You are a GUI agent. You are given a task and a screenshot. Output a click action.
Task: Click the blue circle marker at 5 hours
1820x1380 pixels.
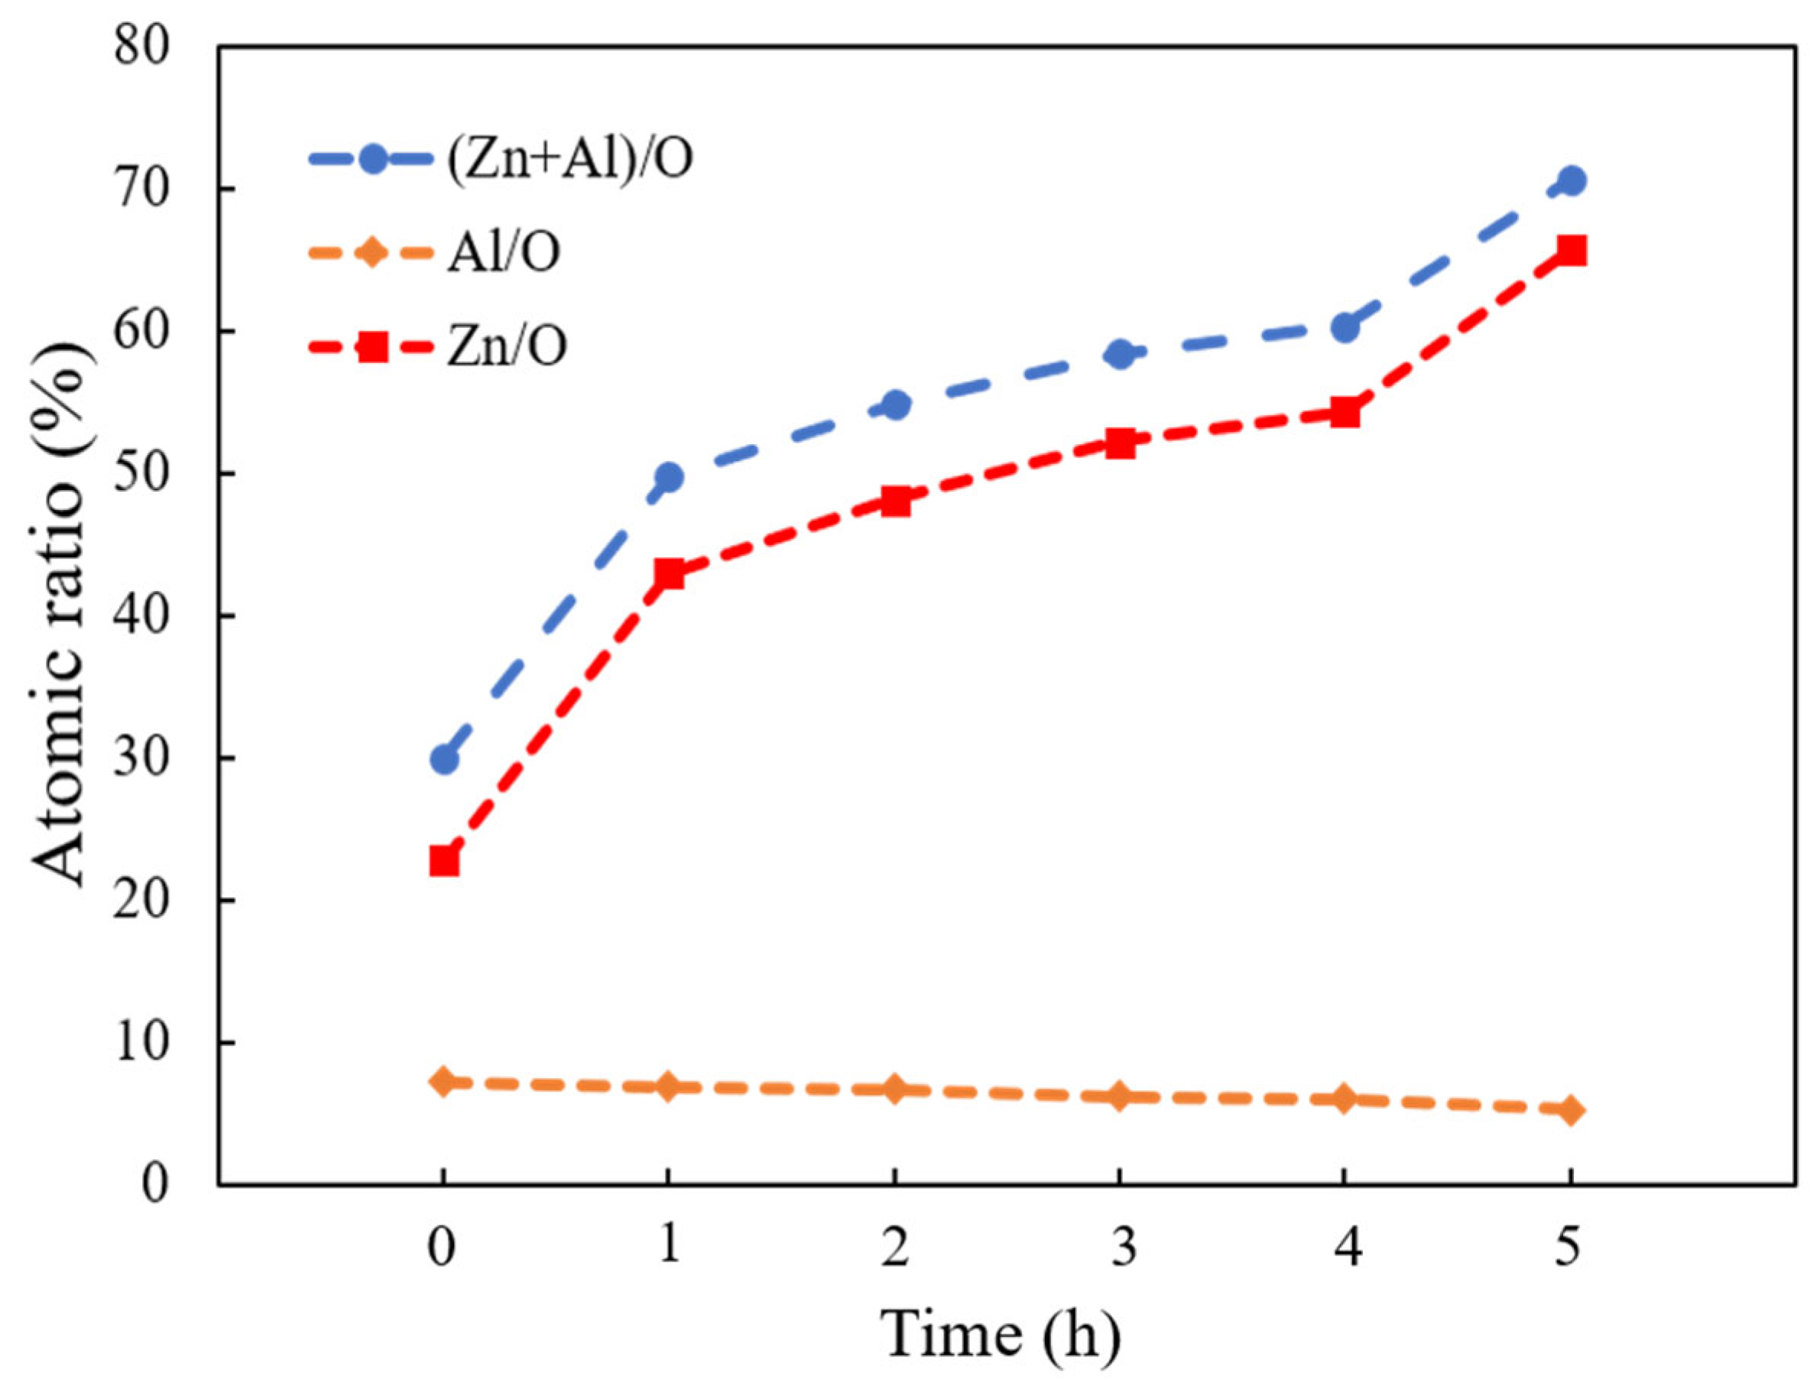tap(1571, 180)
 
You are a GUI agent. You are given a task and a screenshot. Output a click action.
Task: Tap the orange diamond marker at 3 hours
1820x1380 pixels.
tap(1119, 1096)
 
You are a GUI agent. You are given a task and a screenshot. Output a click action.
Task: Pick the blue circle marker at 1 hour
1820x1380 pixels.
tap(669, 477)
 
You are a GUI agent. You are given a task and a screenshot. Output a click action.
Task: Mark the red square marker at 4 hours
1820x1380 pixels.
tap(1345, 412)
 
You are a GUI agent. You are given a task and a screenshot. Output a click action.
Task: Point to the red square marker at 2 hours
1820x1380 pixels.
tap(894, 501)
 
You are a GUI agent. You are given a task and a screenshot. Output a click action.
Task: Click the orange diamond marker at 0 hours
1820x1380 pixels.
tap(443, 1081)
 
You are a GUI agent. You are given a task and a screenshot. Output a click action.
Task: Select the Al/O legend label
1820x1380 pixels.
tap(504, 252)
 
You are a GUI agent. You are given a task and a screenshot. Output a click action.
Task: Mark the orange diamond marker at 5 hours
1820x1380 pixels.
tap(1570, 1111)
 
